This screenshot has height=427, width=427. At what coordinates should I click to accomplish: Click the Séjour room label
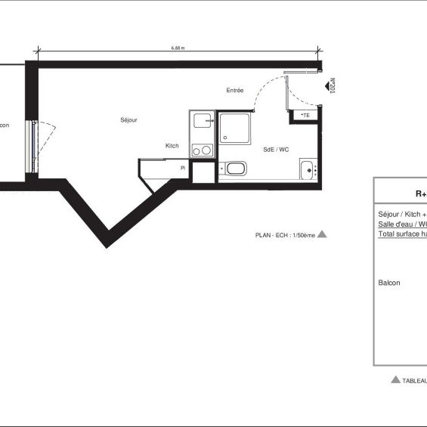point(128,120)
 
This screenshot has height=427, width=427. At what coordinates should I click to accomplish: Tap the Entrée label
point(235,91)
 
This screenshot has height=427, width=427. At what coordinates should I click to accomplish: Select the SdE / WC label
point(276,150)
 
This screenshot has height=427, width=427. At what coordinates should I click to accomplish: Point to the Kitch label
point(172,146)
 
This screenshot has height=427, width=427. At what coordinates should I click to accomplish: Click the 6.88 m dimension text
point(178,48)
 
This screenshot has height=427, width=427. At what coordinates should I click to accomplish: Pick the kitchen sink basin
point(202,121)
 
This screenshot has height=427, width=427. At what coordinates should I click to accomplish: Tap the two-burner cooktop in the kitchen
point(202,150)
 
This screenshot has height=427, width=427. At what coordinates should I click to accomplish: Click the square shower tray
point(237,128)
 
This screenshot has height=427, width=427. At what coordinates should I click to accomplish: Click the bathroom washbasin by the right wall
point(308,169)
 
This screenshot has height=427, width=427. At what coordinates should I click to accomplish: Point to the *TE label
point(305,115)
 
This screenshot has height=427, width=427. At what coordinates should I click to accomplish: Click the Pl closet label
point(182,168)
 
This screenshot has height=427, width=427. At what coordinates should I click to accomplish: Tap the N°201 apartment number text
point(332,88)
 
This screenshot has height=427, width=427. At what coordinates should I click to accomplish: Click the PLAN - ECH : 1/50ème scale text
point(284,235)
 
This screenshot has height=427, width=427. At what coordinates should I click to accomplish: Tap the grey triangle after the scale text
point(322,234)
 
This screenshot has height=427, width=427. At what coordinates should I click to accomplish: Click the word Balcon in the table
point(389,283)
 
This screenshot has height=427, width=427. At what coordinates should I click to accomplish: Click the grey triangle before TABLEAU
point(395,379)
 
